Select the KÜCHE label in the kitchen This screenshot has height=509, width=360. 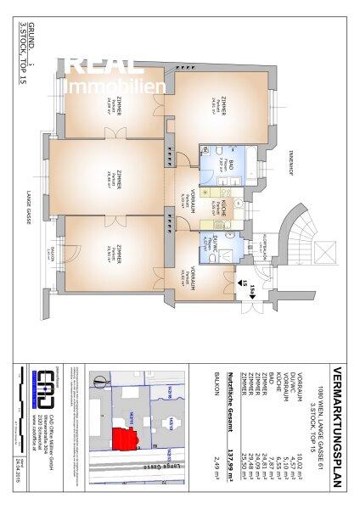(x=222, y=203)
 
